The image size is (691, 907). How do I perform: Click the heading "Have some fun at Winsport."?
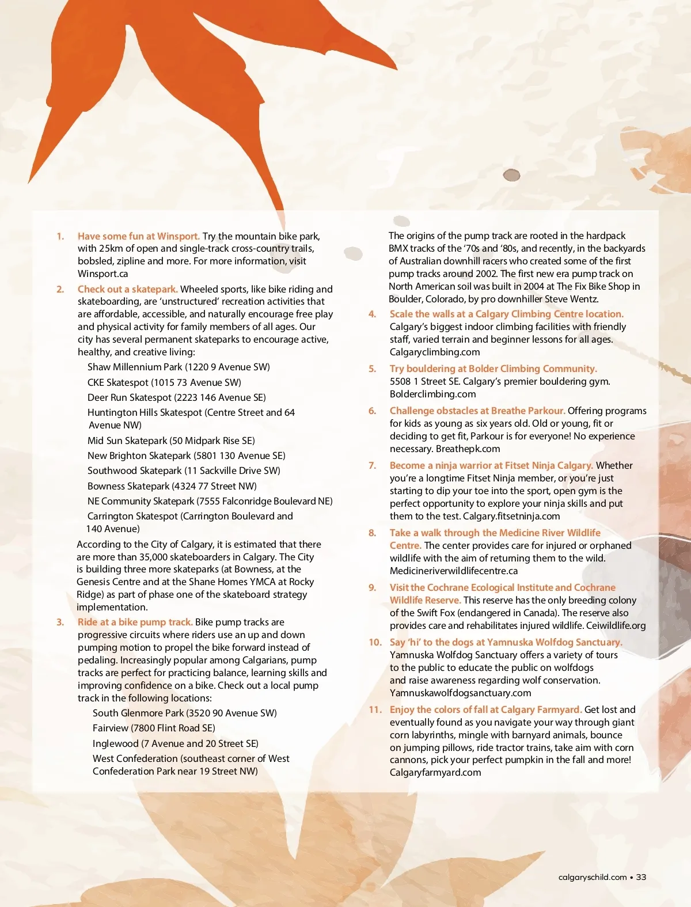139,236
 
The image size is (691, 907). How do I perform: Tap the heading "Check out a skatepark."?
127,289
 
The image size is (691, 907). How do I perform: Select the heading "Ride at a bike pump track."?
135,622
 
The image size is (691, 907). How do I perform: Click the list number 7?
373,465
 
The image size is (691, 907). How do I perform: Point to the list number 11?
375,709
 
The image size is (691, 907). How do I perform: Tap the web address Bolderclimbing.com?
432,394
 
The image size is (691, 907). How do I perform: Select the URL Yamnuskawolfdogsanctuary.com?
460,693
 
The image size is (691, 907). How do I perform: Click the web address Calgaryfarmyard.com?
435,772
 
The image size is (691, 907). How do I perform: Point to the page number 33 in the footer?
641,877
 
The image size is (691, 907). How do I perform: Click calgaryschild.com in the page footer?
593,877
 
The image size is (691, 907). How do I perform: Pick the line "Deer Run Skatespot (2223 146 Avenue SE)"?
176,397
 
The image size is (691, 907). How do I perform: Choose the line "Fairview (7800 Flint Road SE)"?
154,728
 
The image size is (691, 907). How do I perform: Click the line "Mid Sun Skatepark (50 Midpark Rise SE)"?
171,441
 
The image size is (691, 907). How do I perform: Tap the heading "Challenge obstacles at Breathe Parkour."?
477,411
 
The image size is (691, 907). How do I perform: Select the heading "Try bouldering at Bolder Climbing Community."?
493,369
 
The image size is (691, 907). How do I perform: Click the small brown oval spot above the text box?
511,175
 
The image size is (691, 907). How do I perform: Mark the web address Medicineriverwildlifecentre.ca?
454,571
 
